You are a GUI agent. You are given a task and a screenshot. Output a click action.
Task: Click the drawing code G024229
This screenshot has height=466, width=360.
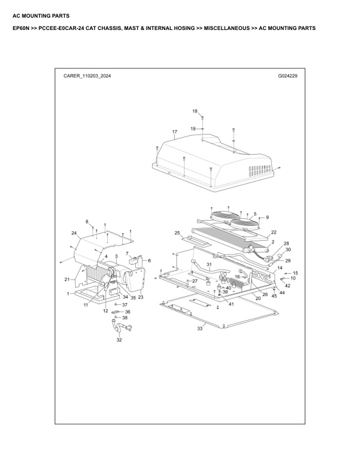coord(288,76)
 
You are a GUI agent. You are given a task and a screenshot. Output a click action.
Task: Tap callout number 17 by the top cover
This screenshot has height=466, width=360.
coord(175,131)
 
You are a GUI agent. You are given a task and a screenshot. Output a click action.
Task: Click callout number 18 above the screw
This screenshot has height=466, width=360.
coord(195,111)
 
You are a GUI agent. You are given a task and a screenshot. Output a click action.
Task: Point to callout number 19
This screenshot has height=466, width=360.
coord(192,128)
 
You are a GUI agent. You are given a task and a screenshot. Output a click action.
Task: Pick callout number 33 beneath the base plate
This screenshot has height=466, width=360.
coord(199,329)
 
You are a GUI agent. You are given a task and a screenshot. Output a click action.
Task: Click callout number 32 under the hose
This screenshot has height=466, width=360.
coord(119,340)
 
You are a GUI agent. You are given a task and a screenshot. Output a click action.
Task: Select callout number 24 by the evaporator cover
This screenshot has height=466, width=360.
coord(74,234)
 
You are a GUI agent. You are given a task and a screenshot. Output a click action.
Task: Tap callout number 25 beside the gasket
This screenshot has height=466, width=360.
coord(176,234)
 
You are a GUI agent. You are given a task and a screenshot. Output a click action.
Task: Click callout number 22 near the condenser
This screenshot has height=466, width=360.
coord(274,232)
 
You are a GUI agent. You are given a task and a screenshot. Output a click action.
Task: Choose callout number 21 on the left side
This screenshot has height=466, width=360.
coord(66,279)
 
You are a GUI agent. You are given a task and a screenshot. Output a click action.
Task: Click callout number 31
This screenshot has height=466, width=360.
coord(208,264)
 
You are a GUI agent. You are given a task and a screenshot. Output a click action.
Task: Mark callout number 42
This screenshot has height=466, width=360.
coord(288,285)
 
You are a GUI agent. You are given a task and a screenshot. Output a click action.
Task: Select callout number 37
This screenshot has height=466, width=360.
coord(125,305)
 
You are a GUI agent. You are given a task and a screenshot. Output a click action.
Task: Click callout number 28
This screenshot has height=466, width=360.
coord(286,243)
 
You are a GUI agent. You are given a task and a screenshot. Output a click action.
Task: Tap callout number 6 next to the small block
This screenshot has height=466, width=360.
coord(149,261)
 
